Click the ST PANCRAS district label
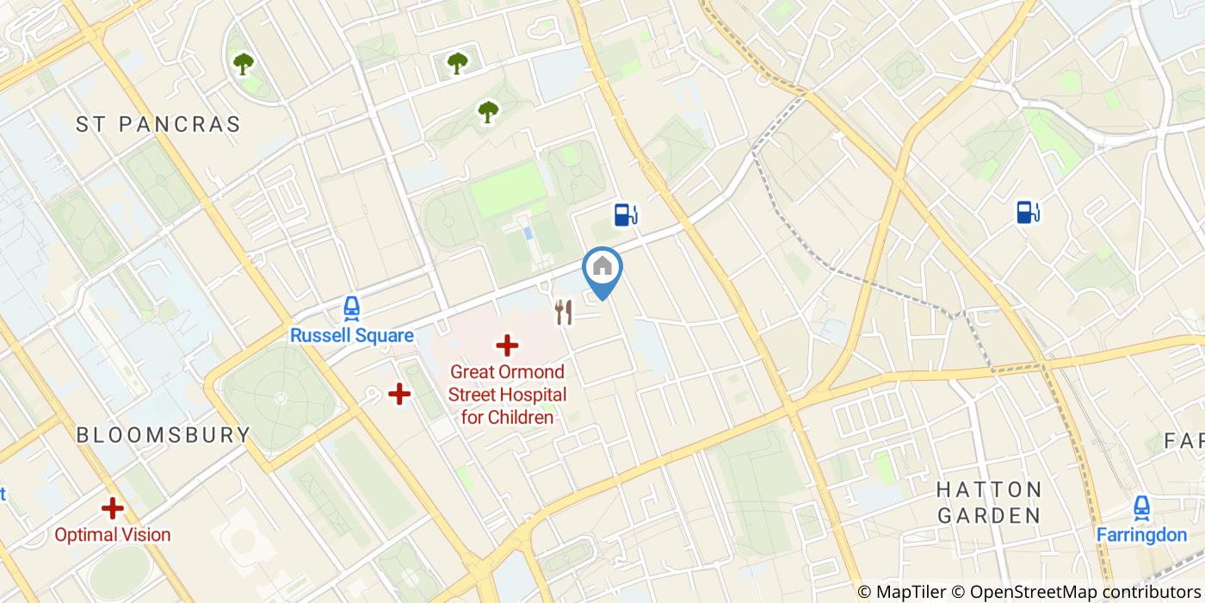158,124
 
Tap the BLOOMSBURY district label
164,435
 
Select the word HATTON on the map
989,490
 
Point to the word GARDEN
989,516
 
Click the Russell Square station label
351,336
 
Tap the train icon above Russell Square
351,308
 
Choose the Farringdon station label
1141,535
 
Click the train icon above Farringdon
1141,507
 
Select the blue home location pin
602,268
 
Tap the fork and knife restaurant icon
564,312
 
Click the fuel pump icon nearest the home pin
626,214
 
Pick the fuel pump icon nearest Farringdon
1028,211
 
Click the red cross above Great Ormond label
507,346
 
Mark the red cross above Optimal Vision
113,508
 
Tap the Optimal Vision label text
113,535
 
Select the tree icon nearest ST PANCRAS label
244,63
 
